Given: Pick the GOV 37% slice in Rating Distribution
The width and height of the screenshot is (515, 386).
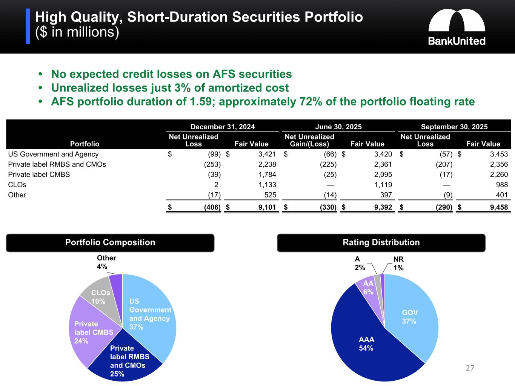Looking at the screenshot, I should click(x=409, y=317).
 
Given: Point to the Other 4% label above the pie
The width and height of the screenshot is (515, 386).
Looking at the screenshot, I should click(x=106, y=262).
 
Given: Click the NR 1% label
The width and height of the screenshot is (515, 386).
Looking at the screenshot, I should click(x=398, y=263).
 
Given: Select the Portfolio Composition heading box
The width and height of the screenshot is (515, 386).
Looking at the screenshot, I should click(x=110, y=242).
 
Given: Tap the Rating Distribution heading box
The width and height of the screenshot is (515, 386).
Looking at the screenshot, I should click(x=381, y=242).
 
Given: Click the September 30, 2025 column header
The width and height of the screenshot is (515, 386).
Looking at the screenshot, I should click(x=454, y=127).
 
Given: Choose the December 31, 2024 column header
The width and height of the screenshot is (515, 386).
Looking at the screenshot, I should click(x=222, y=127).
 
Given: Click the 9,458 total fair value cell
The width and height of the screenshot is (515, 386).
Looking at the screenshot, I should click(x=498, y=207).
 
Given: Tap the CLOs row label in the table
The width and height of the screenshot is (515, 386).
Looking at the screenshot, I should click(x=17, y=185).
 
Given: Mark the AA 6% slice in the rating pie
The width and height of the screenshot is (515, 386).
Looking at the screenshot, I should click(x=368, y=288).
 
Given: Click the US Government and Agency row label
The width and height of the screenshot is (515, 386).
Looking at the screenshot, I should click(x=53, y=154).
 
